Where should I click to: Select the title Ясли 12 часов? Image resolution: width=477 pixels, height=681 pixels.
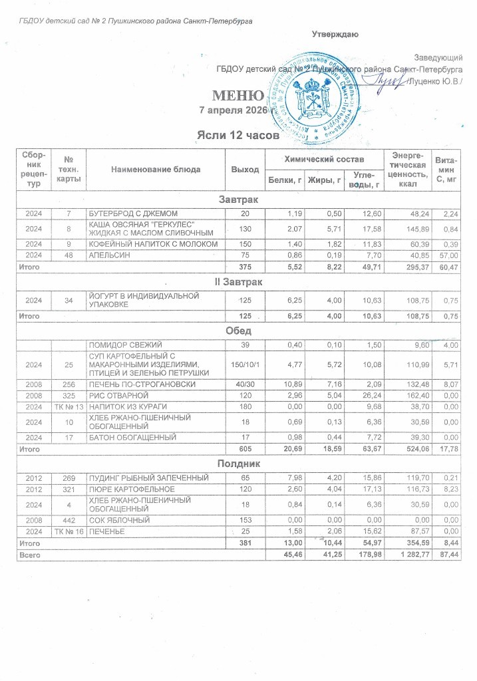237,136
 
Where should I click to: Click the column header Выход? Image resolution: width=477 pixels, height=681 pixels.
244,170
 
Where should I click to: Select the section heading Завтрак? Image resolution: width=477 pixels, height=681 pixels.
239,200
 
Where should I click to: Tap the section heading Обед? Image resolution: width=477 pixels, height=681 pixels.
239,331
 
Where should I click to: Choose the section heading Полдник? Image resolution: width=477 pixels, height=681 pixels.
239,462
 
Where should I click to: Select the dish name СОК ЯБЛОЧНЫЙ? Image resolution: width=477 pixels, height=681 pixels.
116,519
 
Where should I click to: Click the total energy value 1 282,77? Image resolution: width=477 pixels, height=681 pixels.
406,553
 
